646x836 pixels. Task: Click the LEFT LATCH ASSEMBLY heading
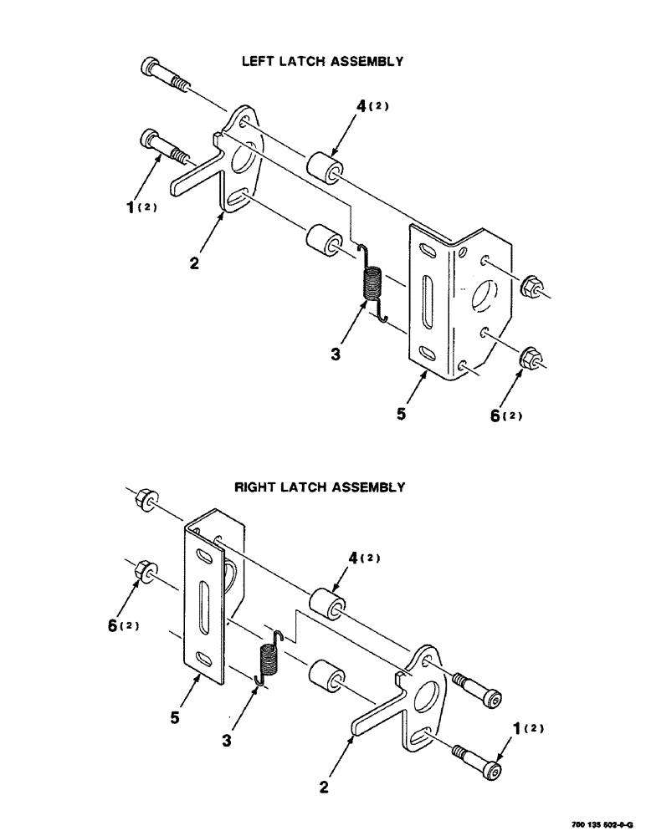322,62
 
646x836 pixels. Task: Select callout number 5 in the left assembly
402,414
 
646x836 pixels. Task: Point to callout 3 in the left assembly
335,354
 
